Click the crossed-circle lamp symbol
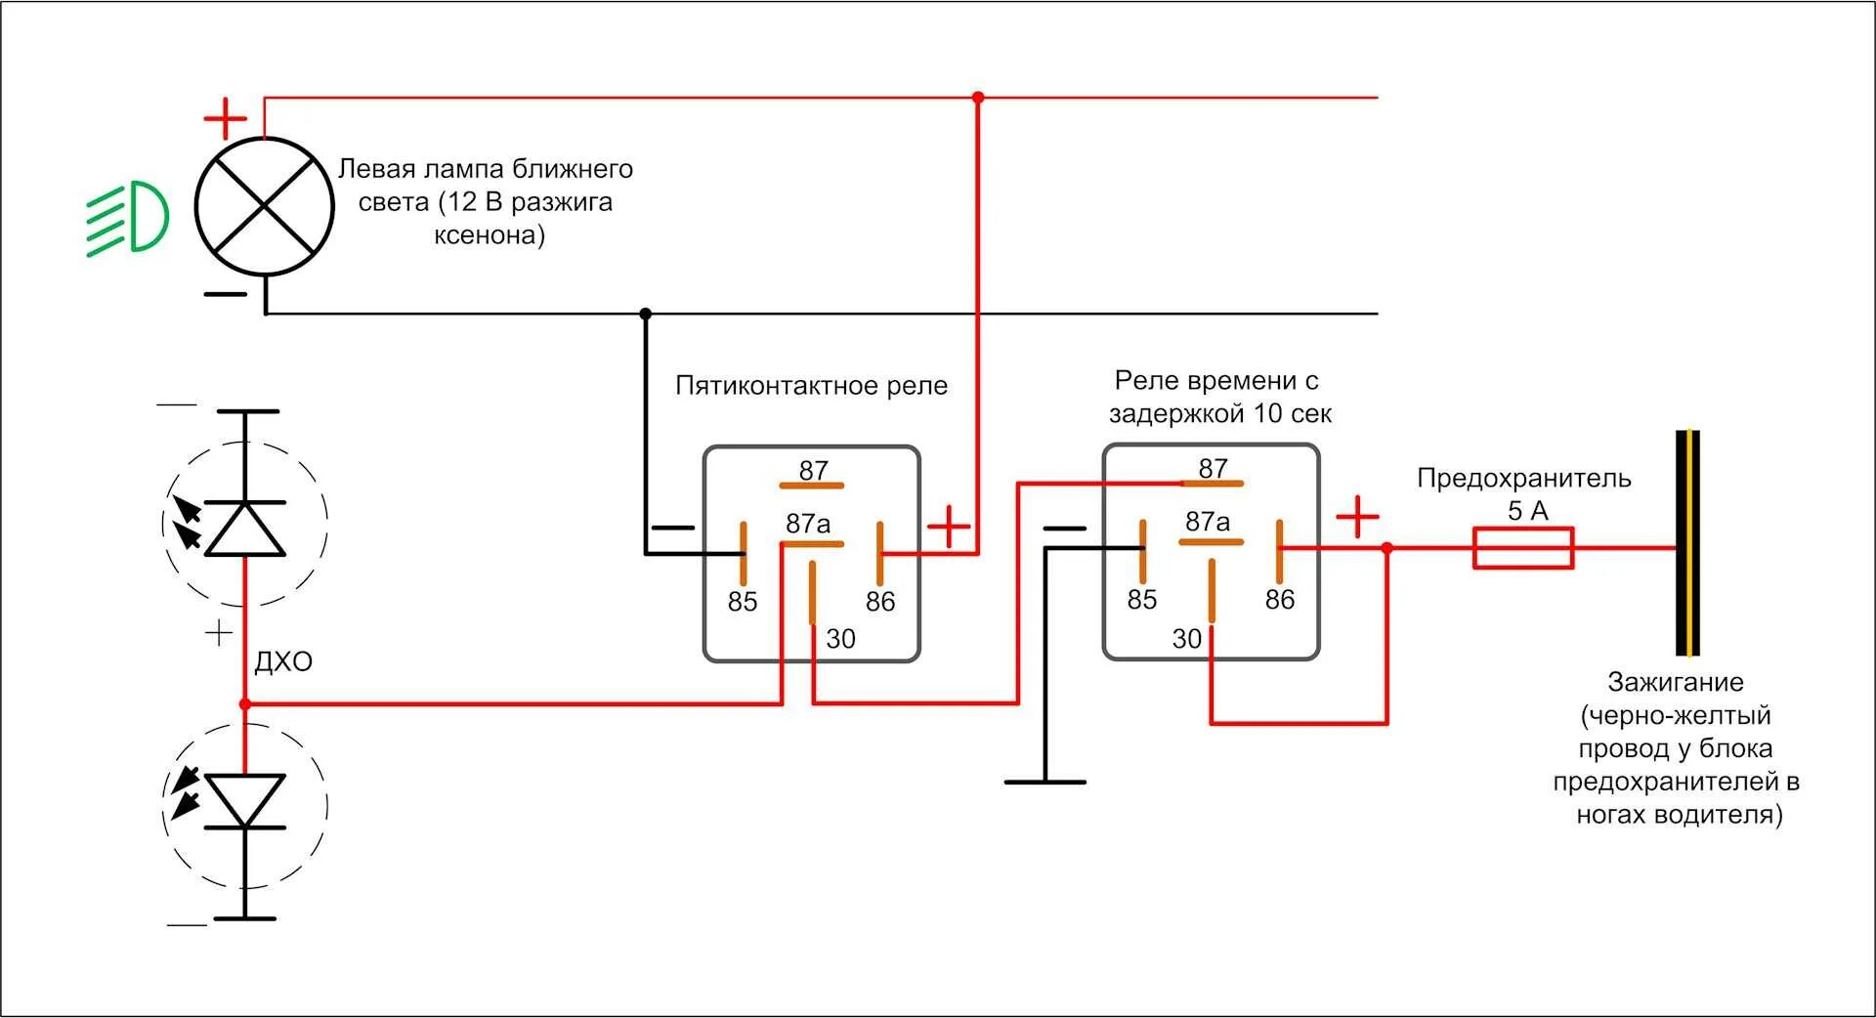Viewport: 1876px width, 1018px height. tap(264, 206)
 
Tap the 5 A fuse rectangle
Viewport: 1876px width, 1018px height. tap(1522, 548)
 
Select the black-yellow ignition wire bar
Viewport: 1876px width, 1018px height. tap(1687, 543)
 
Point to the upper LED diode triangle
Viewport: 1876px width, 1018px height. tap(244, 529)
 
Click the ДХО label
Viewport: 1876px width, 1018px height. tap(283, 662)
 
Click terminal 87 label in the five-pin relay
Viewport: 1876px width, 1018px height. tap(813, 471)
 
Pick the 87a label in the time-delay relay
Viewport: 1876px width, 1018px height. tap(1208, 522)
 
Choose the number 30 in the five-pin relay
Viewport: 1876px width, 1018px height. tap(840, 639)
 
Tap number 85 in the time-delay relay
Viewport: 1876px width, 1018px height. tap(1141, 600)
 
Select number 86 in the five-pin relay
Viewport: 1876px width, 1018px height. tap(879, 602)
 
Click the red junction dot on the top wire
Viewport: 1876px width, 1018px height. tap(978, 98)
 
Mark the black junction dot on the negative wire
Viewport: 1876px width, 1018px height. tap(645, 314)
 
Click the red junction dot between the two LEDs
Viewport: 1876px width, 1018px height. tap(245, 703)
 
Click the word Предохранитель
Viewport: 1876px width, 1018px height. tap(1523, 479)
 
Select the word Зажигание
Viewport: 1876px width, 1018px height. tap(1675, 682)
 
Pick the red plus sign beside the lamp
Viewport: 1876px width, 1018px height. tap(225, 119)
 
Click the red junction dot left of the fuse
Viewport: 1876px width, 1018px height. tap(1386, 548)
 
